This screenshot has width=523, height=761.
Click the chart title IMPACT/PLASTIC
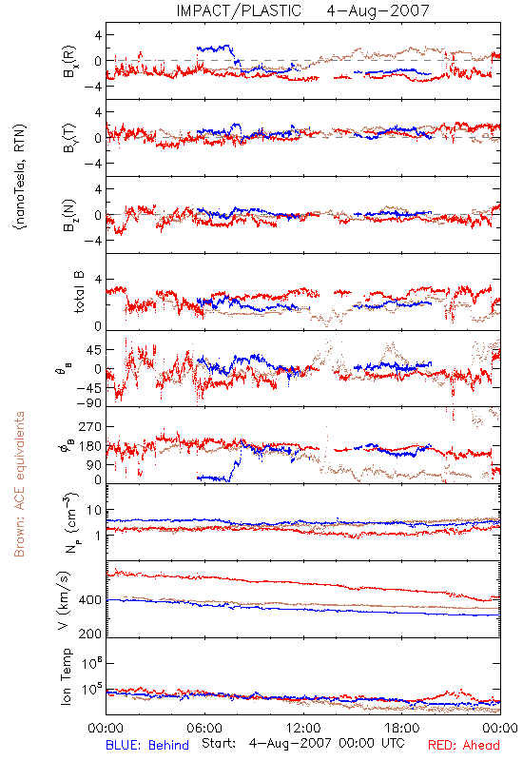coord(239,10)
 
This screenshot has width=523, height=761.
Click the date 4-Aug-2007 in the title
coord(378,10)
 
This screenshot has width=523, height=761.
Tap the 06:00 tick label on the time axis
coord(204,728)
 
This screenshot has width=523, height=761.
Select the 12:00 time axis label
coord(303,728)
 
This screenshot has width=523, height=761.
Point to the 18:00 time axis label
coord(402,728)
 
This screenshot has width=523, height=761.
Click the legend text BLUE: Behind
coord(147,745)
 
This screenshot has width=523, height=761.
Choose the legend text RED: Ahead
coord(463,745)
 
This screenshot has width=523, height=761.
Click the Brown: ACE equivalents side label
coord(19,484)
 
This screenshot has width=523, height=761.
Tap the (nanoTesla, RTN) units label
coord(20,176)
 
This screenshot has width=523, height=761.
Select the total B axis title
coord(79,292)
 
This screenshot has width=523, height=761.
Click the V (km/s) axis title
coord(64,600)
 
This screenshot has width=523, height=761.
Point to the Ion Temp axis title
coord(66,676)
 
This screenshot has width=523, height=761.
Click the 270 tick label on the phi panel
coord(90,426)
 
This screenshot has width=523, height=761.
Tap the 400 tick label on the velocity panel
coord(90,600)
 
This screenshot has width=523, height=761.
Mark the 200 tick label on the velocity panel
coord(90,634)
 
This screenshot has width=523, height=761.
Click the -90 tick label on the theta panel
coord(88,403)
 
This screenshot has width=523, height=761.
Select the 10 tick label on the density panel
coord(94,510)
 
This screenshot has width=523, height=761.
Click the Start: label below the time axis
coord(219,743)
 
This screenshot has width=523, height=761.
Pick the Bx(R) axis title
coord(69,61)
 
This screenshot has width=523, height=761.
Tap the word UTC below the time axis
coord(391,743)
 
